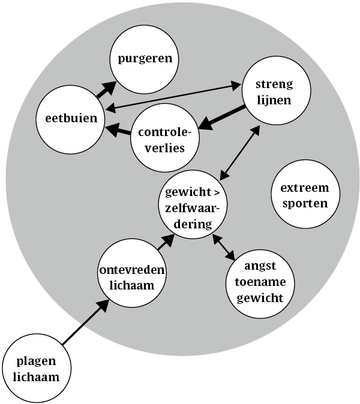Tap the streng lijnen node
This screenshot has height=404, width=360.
(x=276, y=92)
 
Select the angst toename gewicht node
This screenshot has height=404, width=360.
(x=260, y=283)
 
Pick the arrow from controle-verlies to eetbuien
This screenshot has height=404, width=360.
(x=119, y=129)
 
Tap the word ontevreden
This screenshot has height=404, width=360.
(x=133, y=270)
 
